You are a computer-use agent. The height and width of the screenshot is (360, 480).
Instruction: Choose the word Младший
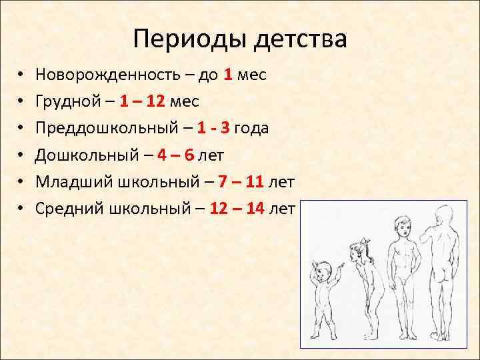76,181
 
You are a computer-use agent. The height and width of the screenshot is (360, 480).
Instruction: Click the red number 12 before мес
156,101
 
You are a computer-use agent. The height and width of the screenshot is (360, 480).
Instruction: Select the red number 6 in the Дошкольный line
189,155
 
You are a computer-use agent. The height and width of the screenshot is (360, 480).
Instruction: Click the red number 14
255,208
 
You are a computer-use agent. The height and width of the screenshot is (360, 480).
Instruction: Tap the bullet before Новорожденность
21,75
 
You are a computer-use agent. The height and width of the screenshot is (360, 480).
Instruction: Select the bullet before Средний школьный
21,208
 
